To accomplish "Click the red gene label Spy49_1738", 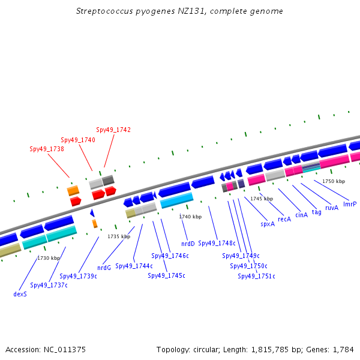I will point(46,149).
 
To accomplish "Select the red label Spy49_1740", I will point(78,140).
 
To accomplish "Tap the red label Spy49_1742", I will point(113,130).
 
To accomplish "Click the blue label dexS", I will point(20,294).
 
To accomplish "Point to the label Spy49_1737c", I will point(49,285).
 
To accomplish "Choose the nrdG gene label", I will point(104,268).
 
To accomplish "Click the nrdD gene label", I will point(188,244).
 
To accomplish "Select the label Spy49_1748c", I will point(217,243).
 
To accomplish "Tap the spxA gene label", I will point(268,224).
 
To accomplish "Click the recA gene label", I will point(284,219).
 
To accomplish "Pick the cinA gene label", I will point(301,215).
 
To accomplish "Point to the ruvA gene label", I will point(332,208).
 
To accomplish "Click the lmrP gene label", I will point(350,204).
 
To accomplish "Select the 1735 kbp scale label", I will point(119,236).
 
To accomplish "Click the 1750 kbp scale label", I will point(334,181).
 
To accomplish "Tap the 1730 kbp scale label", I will point(49,258).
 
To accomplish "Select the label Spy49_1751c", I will point(256,276).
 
